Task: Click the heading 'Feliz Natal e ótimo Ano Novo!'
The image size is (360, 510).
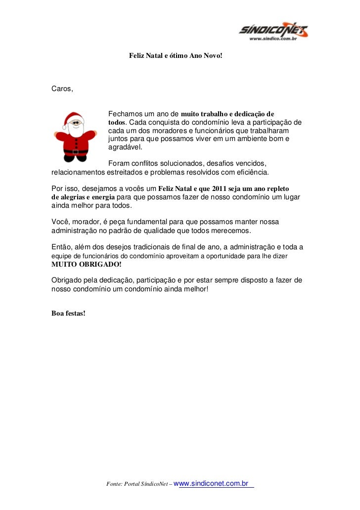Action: click(176, 56)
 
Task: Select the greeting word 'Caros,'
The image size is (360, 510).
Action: click(62, 89)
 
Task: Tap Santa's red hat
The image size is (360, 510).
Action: click(73, 119)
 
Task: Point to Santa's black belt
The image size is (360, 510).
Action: click(76, 151)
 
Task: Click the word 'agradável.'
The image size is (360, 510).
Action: click(125, 147)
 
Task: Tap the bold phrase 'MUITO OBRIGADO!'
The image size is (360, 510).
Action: click(80, 264)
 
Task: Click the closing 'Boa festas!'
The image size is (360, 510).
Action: click(68, 313)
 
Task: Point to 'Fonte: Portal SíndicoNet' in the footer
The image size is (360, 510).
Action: click(136, 484)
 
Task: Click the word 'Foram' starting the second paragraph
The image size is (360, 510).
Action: click(118, 163)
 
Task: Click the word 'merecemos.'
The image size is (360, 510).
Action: click(233, 231)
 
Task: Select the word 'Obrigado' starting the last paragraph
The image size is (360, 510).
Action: click(67, 280)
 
